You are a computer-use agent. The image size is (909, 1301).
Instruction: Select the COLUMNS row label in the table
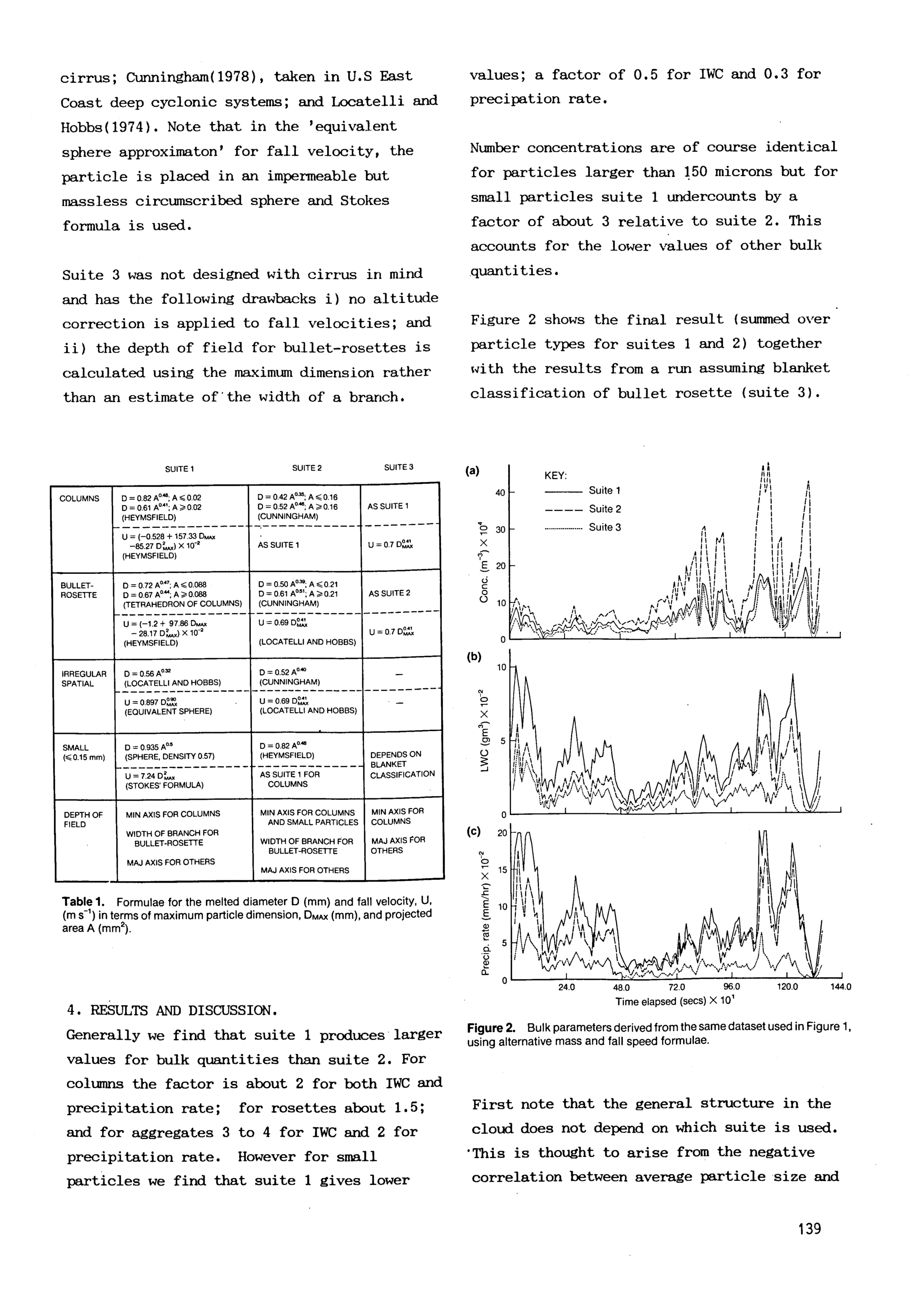point(79,499)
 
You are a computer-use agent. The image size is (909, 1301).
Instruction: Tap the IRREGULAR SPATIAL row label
point(84,679)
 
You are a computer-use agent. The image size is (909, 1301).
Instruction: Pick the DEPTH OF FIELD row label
point(83,819)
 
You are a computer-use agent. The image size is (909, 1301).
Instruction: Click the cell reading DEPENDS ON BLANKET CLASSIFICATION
point(402,764)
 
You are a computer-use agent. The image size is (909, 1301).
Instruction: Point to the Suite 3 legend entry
point(604,527)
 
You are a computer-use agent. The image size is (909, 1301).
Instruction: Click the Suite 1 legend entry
point(604,491)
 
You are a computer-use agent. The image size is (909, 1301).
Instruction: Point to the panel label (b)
point(474,657)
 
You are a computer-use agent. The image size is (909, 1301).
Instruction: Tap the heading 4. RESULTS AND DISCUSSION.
point(172,1010)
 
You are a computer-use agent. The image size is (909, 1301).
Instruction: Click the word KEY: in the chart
point(555,475)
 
